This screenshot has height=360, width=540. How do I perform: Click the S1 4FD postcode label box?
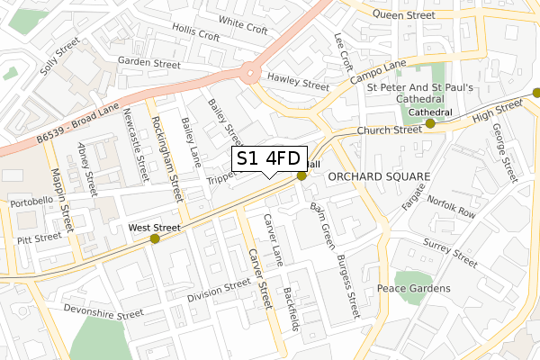point(270,158)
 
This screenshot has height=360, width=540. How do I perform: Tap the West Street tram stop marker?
point(155,238)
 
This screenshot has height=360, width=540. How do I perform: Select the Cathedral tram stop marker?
point(430,123)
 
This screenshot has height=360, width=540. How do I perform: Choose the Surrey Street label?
point(451,251)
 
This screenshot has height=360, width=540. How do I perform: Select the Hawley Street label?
point(298,83)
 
